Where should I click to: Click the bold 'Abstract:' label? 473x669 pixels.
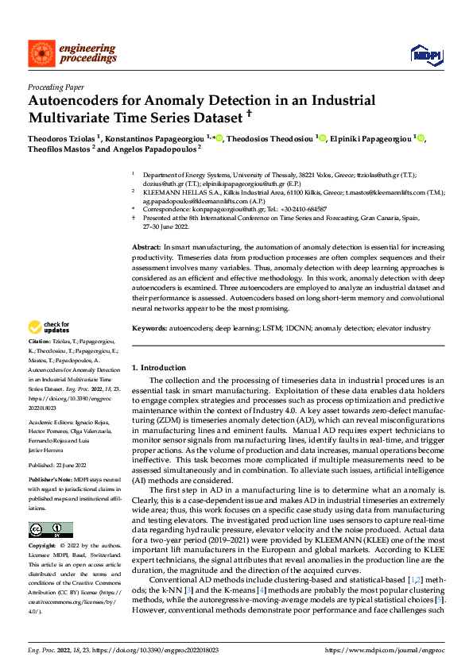147,249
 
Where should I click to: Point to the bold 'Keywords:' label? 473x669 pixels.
151,328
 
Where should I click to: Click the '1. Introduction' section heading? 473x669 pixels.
158,368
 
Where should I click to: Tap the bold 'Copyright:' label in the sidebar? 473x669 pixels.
42,547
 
